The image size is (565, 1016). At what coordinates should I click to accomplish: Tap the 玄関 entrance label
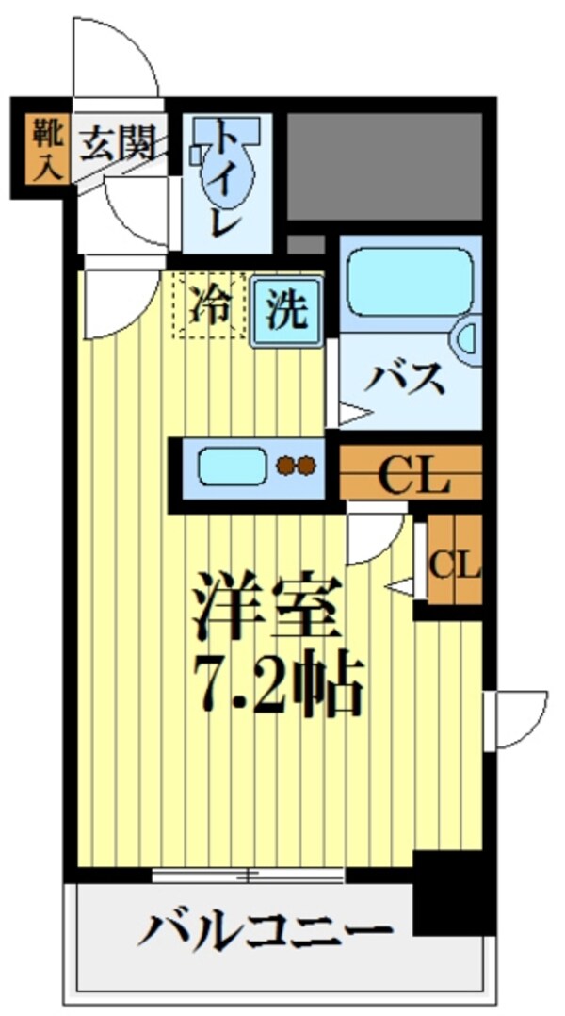(x=117, y=144)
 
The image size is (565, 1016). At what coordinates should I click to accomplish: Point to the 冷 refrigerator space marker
(x=208, y=306)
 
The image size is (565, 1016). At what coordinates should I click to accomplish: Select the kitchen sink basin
(x=232, y=465)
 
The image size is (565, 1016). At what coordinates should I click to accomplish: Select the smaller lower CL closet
(x=455, y=564)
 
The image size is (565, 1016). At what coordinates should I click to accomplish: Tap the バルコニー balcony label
(x=266, y=933)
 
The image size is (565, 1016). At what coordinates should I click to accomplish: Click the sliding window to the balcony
(x=249, y=876)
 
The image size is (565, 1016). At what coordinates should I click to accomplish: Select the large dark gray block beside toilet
(x=382, y=166)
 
